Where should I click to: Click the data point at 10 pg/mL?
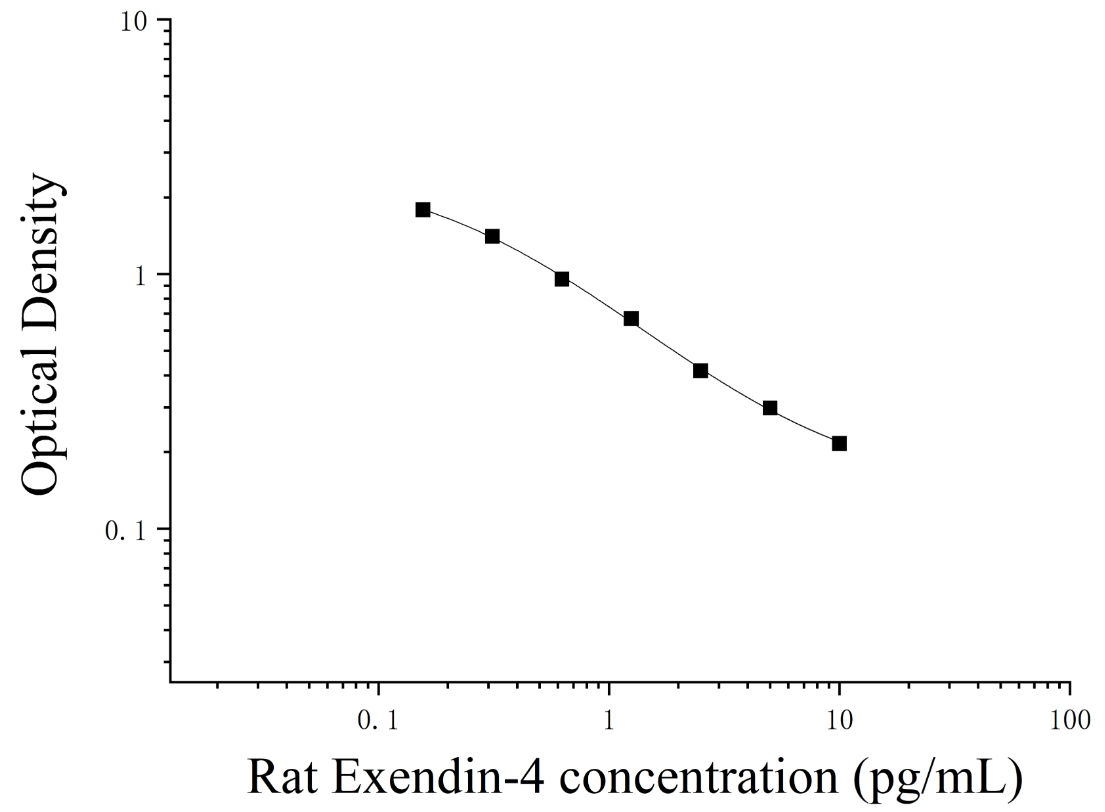839,443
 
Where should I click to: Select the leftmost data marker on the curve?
423,209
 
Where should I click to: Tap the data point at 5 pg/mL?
770,408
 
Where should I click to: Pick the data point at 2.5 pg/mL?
700,371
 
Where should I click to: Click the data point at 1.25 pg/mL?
631,319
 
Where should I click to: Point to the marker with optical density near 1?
562,279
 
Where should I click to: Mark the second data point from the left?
492,236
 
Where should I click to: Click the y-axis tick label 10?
135,22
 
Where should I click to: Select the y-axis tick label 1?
140,276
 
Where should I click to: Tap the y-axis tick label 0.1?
125,531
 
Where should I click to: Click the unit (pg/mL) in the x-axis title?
937,780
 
